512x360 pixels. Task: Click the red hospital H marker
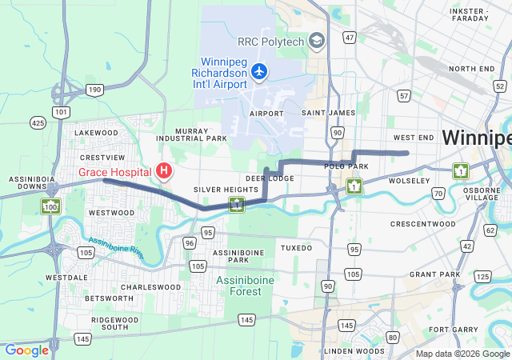tap(164, 170)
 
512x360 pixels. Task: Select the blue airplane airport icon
tap(258, 72)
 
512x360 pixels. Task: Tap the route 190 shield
tap(95, 90)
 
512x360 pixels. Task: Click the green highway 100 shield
tap(50, 207)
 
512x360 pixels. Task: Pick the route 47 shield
tap(349, 38)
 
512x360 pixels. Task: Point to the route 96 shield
tap(190, 242)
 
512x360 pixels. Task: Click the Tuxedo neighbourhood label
tap(296, 248)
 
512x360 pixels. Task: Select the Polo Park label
tap(346, 166)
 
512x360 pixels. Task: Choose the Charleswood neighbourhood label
tap(145, 286)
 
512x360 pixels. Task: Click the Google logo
tap(26, 350)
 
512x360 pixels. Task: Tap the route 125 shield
tap(482, 277)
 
